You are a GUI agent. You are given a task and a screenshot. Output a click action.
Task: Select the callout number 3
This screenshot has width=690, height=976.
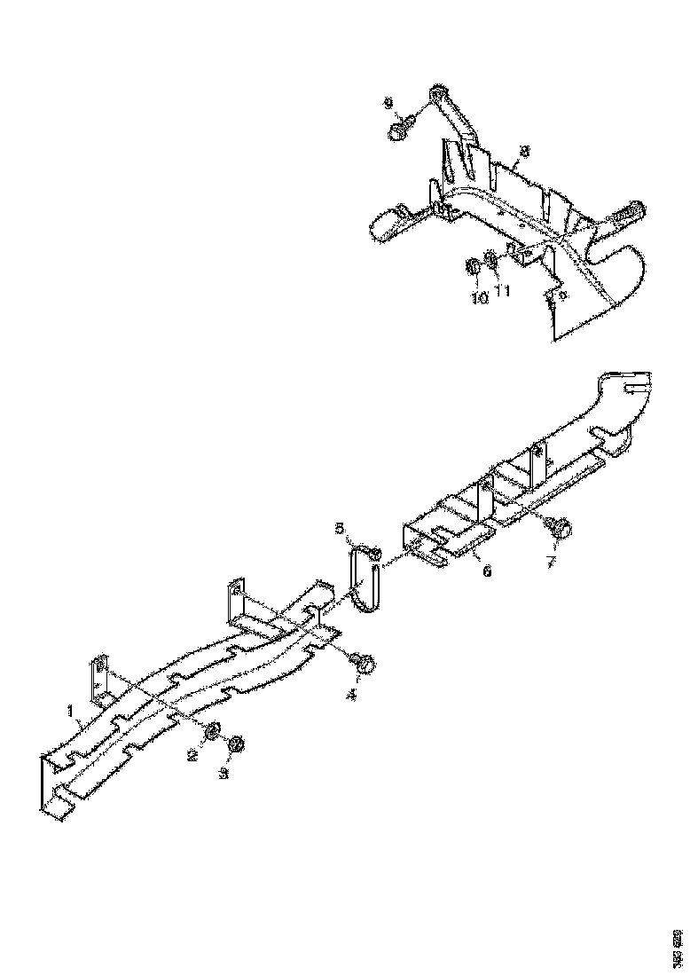[224, 774]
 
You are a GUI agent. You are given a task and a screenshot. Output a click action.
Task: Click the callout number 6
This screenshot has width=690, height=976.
[486, 572]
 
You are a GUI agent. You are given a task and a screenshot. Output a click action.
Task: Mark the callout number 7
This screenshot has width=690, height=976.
[551, 563]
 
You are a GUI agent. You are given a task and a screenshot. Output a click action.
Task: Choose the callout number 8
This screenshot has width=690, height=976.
[524, 152]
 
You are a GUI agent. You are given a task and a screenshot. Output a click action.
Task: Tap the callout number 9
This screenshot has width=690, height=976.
[388, 104]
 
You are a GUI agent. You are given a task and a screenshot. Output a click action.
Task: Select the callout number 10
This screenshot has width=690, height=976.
[479, 298]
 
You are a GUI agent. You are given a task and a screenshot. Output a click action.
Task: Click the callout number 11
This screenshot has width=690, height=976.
[502, 290]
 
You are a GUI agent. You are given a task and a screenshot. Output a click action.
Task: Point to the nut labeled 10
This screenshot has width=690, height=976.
[474, 266]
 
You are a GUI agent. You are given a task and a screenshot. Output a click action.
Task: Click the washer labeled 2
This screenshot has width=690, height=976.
[214, 731]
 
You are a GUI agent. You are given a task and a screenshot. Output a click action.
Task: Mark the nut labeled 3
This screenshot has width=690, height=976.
[235, 745]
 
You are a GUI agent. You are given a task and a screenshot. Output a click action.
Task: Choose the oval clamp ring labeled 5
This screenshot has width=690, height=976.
[363, 579]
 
